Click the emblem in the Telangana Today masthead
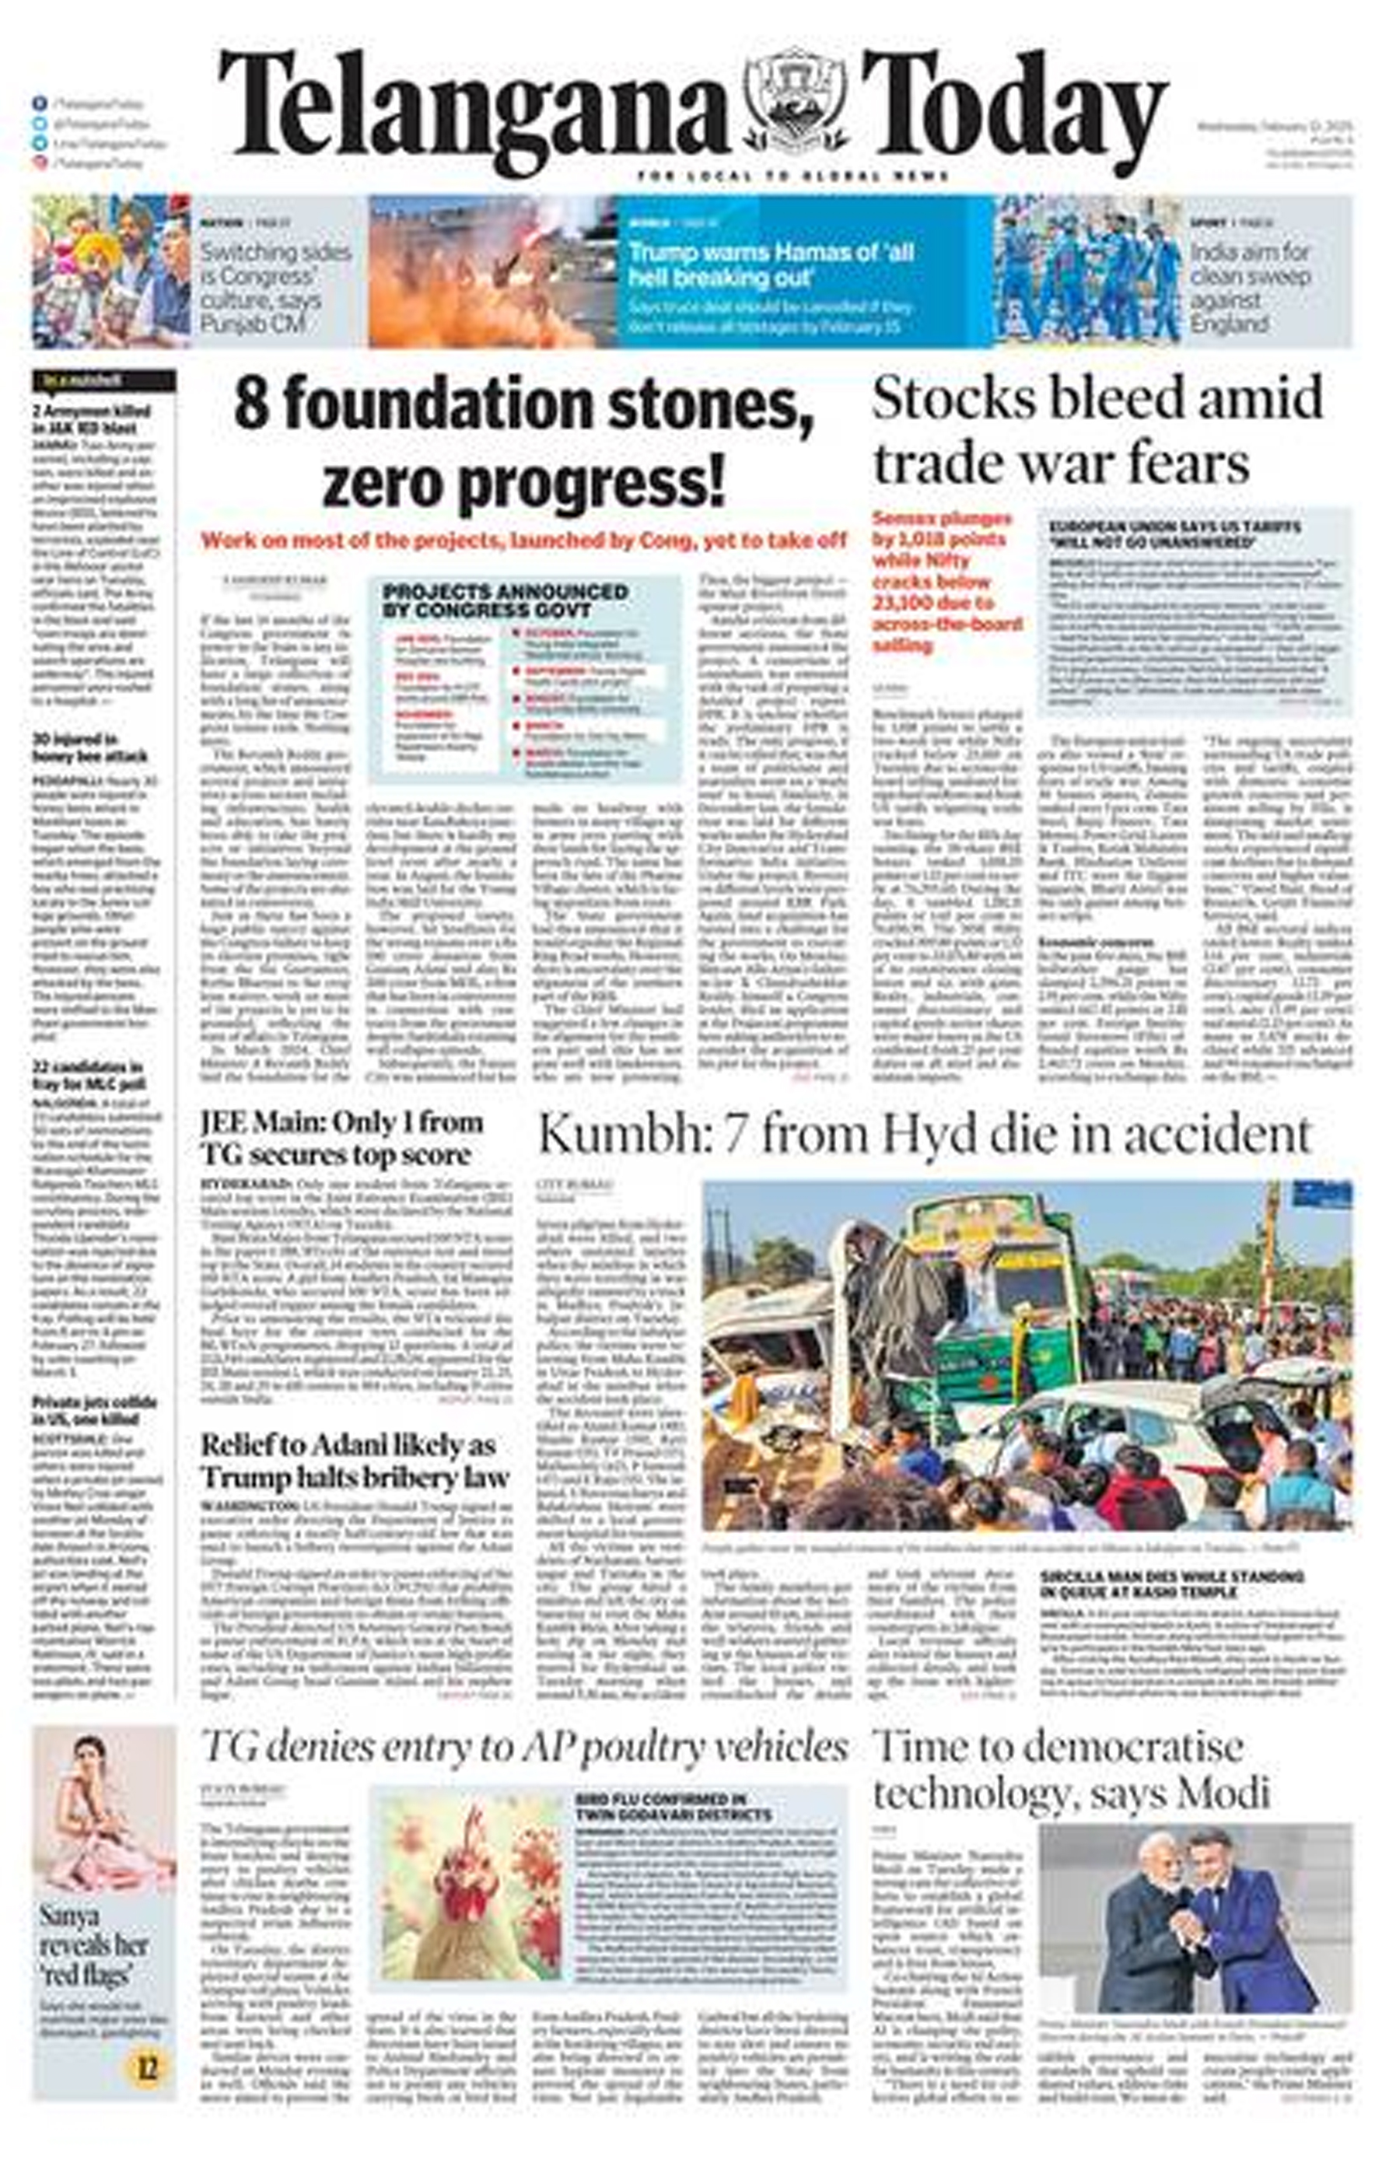795,102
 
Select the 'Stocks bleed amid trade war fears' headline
1097,430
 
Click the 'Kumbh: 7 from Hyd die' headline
924,1134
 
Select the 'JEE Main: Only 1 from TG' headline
342,1139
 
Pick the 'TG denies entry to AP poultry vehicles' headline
524,1747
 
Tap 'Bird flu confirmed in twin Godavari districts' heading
673,1808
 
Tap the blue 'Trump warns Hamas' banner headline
771,264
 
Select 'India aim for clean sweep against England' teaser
1249,287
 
